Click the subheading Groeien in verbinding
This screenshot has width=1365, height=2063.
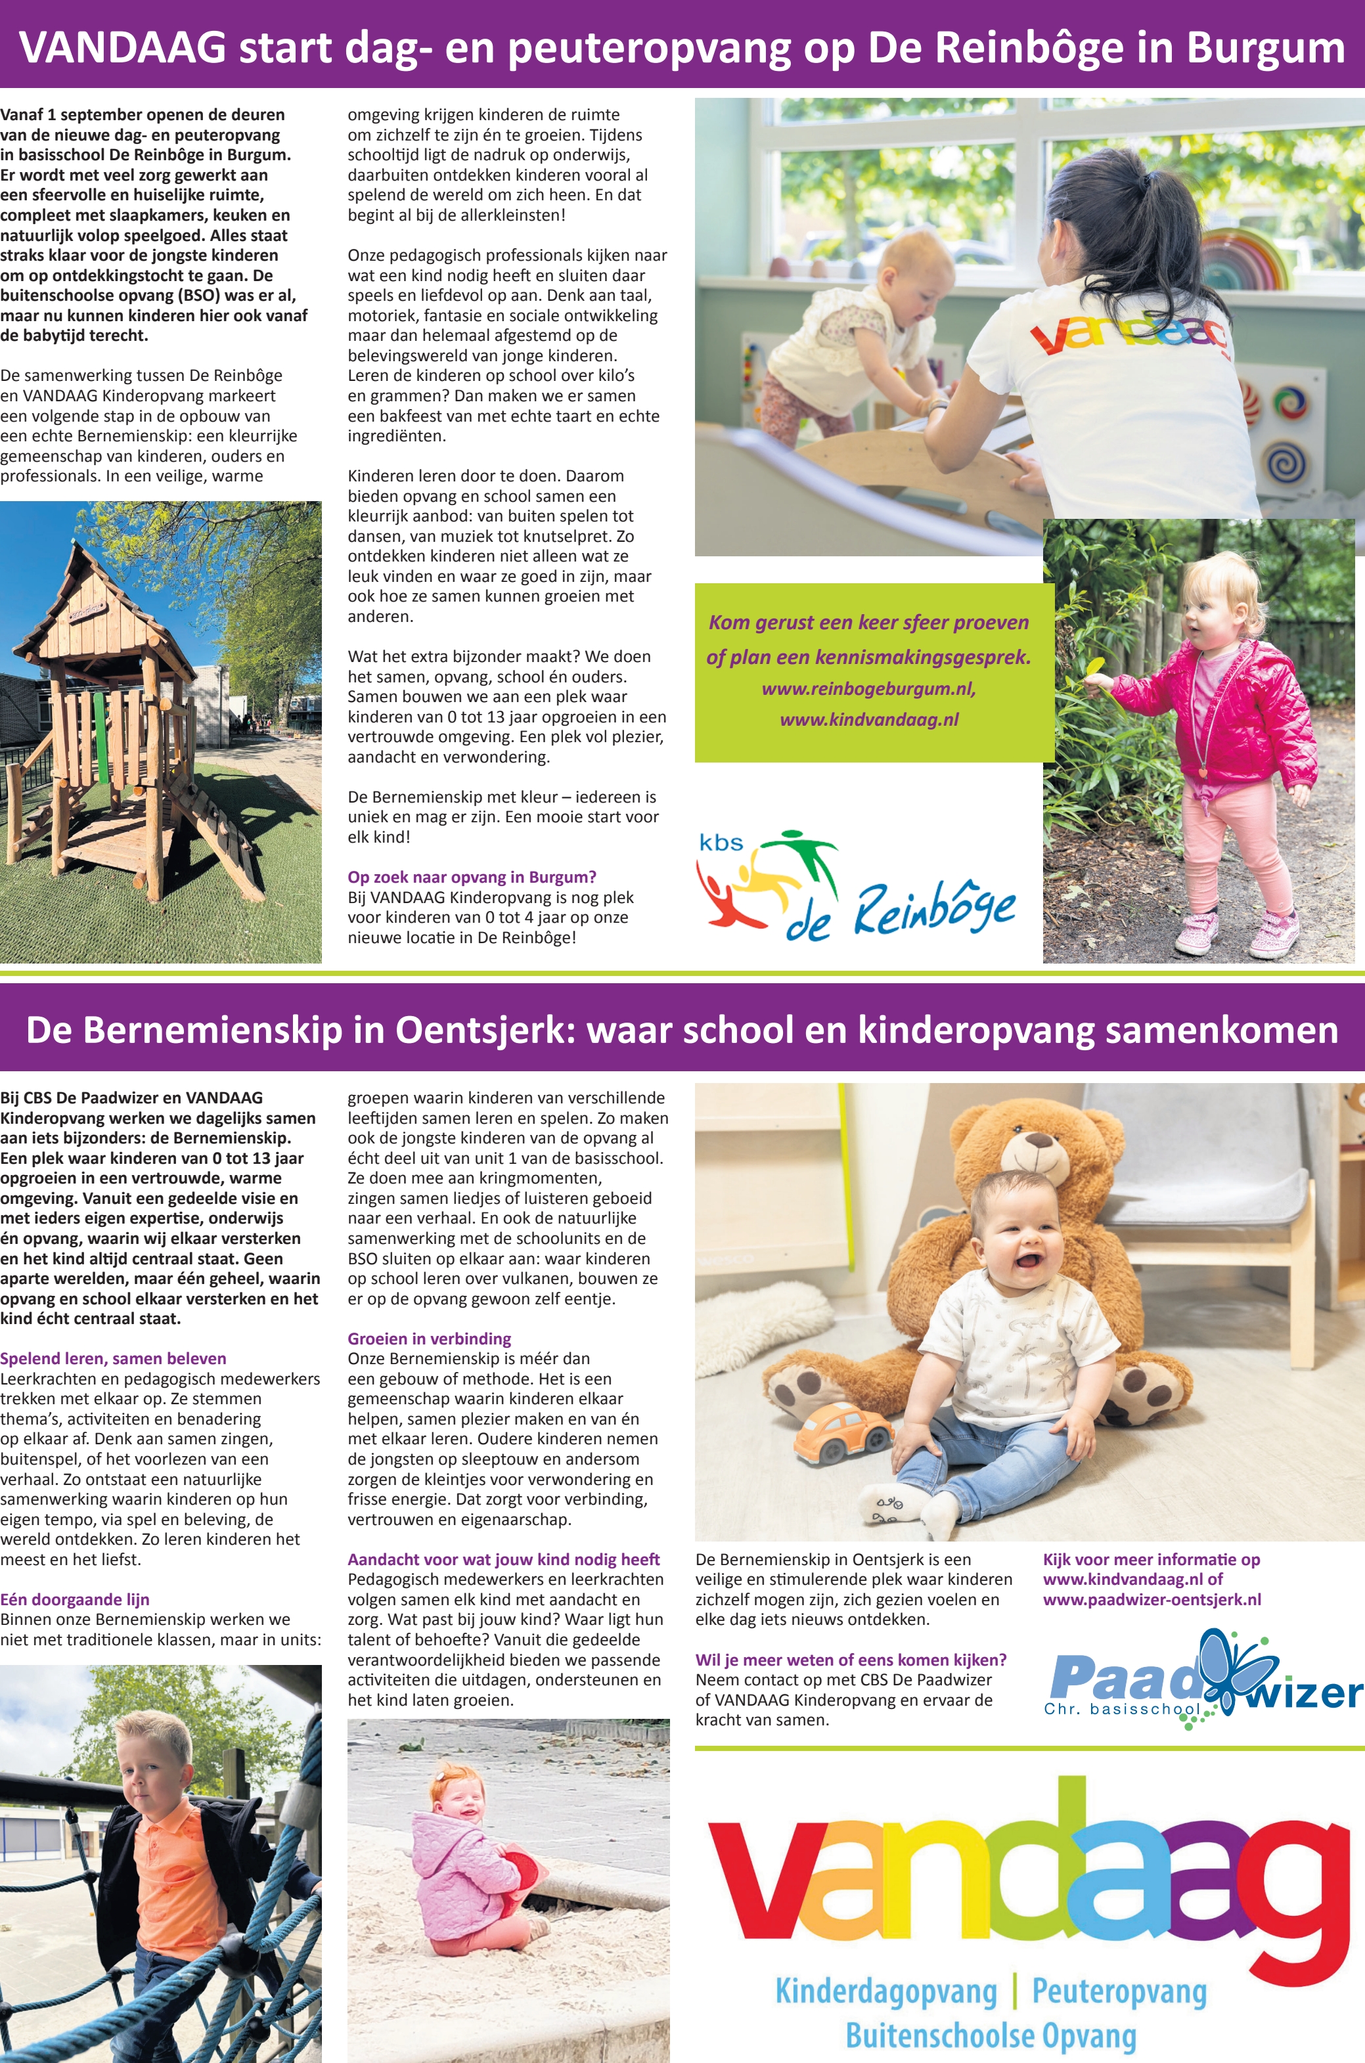(429, 1339)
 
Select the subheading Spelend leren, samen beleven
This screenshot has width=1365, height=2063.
(113, 1359)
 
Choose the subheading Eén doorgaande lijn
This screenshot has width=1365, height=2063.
(75, 1599)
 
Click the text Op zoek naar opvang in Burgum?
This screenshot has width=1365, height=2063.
(472, 877)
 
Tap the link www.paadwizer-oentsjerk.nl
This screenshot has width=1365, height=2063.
(1152, 1599)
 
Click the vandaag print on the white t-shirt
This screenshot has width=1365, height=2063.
(1131, 335)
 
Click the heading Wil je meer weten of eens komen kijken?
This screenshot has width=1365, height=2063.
(851, 1660)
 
